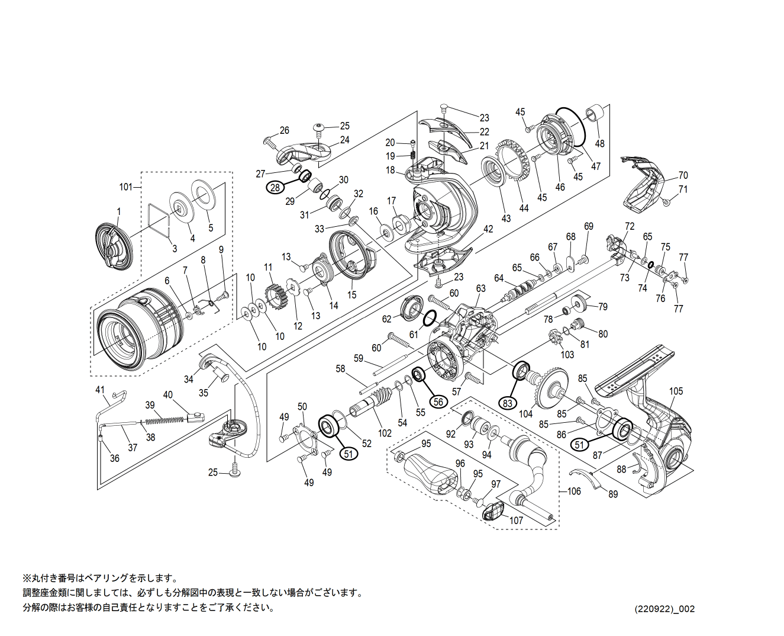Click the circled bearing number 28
click(x=275, y=187)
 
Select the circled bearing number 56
click(x=438, y=401)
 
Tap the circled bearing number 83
click(x=507, y=403)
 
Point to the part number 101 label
click(x=126, y=187)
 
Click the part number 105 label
click(x=676, y=391)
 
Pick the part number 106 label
click(x=574, y=491)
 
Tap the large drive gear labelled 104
click(x=550, y=388)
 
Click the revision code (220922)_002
click(x=664, y=609)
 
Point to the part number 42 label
click(x=488, y=229)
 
